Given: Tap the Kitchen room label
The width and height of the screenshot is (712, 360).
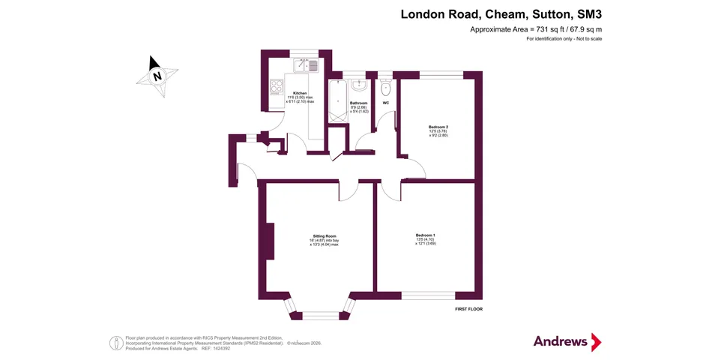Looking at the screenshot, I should [x=300, y=94].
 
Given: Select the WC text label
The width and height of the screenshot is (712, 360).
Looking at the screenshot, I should [x=386, y=103].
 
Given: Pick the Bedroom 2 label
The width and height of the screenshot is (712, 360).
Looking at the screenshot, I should [x=438, y=127].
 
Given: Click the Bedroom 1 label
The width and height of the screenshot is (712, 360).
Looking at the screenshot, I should [x=425, y=235].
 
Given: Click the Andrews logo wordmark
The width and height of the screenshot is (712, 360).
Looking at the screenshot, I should [x=561, y=341].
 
